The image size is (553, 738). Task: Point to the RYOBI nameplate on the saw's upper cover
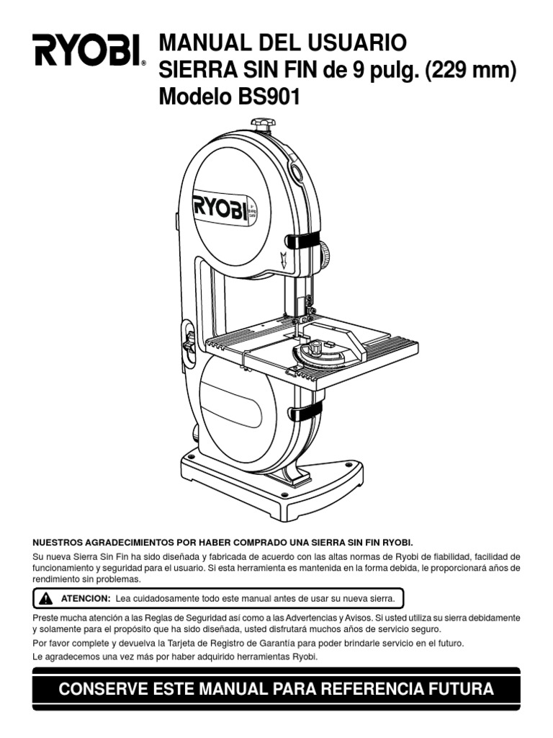click(x=220, y=207)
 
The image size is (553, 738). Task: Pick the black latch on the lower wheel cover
click(x=306, y=412)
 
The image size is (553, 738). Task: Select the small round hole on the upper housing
click(x=296, y=173)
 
